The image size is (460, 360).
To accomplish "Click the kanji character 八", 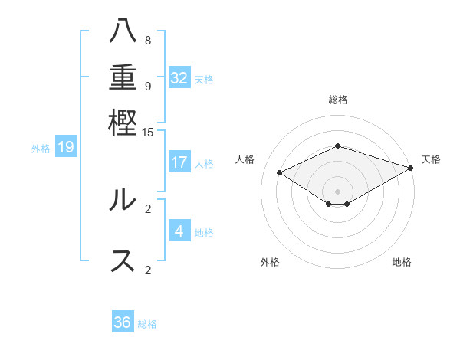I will coord(123,31).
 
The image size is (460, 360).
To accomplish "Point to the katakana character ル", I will coord(123,199).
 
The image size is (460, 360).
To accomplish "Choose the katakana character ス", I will coord(123,259).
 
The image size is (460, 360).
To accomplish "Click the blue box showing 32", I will coord(179,78).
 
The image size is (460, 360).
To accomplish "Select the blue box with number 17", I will coord(179,162).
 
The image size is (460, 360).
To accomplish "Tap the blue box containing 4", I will coord(179,231).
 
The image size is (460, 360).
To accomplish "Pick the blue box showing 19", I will coord(65,147).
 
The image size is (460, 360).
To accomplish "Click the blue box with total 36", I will coord(123,322).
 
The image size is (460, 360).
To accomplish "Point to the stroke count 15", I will coord(148,132).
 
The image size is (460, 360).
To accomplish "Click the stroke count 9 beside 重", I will coord(148,86).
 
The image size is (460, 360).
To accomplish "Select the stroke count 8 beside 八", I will coord(148,41).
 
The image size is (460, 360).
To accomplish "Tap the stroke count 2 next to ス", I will coord(148,269).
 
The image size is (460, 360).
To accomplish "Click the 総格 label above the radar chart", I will coord(337,100).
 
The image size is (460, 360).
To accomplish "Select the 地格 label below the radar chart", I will coord(402,263).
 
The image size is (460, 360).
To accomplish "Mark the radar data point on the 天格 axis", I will coord(412,168).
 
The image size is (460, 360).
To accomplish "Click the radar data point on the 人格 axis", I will coord(280,173).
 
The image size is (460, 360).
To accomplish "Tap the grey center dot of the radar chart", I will coord(337,191).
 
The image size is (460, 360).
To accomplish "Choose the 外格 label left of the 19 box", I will coord(41,148).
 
